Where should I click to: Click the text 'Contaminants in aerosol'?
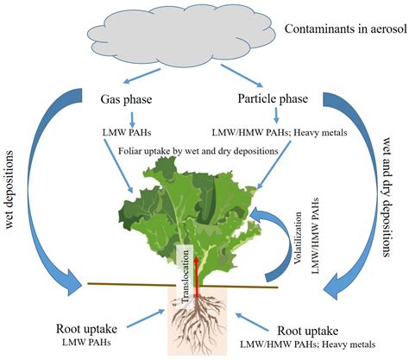[x=343, y=32]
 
